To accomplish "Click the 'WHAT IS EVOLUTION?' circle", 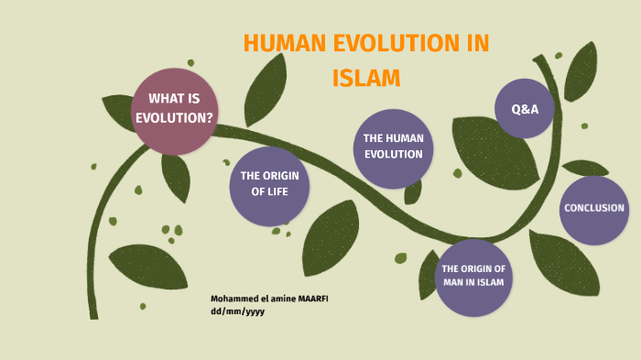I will [175, 109].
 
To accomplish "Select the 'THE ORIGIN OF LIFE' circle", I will [269, 184].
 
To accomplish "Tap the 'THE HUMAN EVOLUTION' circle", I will [393, 147].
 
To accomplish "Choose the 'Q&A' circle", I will [525, 108].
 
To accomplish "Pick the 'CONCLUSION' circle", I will [593, 209].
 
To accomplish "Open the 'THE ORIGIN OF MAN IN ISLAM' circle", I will [473, 276].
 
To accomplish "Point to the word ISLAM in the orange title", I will [366, 78].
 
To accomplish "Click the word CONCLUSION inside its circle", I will [593, 208].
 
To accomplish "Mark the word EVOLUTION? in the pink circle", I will [175, 117].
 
